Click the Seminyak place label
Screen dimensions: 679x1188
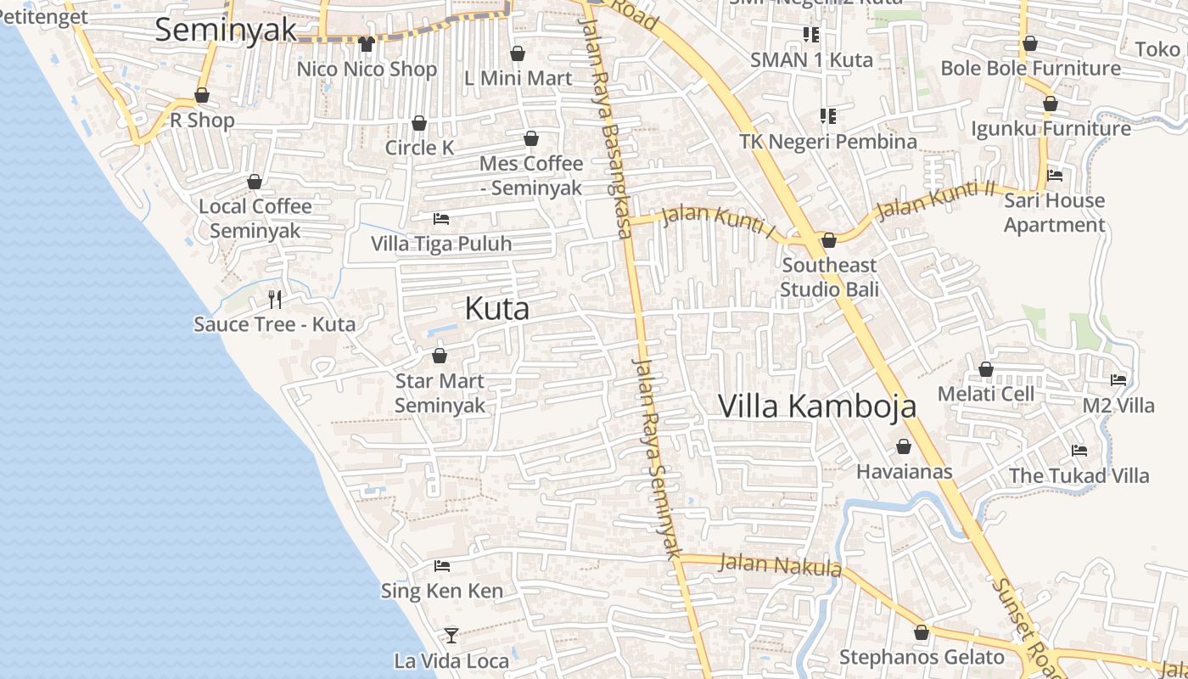[x=226, y=30]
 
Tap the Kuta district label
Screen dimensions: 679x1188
[x=497, y=309]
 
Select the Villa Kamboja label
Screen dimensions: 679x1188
[x=817, y=406]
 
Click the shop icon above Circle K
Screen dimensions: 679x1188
[x=418, y=123]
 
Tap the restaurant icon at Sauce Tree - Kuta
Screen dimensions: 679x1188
[x=274, y=299]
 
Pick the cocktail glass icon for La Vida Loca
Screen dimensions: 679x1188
[x=451, y=635]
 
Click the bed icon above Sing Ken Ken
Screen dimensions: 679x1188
[x=441, y=565]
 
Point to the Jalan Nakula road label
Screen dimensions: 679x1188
[x=780, y=564]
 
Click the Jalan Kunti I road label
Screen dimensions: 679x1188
[x=719, y=220]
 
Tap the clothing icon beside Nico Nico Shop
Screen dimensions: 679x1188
[x=366, y=43]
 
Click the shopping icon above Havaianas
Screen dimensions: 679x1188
[x=904, y=446]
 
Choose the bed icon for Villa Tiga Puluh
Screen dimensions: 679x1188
[x=441, y=219]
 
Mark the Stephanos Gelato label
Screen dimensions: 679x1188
[x=922, y=657]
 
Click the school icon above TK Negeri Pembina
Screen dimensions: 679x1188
[x=827, y=115]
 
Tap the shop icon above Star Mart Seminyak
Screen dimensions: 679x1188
[x=440, y=356]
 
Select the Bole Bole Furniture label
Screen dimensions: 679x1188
[x=1030, y=68]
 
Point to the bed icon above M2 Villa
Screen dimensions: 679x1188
[x=1118, y=380]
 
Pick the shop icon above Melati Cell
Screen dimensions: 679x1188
[x=985, y=369]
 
